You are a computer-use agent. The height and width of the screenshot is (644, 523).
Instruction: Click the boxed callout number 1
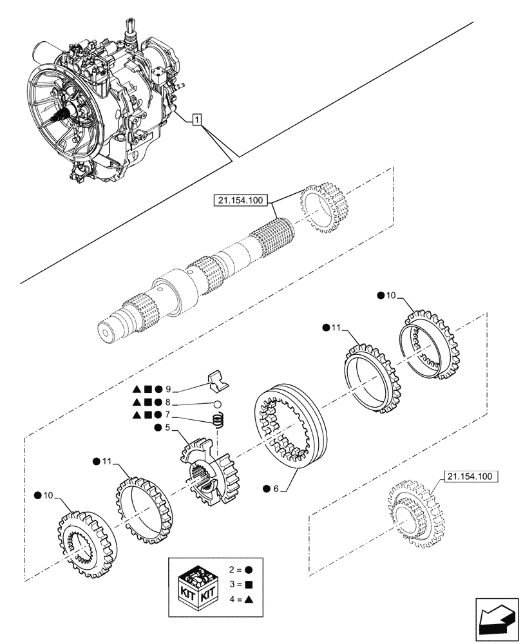pyautogui.click(x=198, y=119)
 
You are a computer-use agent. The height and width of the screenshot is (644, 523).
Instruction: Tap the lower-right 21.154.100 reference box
pyautogui.click(x=467, y=477)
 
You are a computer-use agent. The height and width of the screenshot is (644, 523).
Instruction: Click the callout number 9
pyautogui.click(x=168, y=389)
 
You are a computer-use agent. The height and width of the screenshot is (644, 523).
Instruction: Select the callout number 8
pyautogui.click(x=168, y=401)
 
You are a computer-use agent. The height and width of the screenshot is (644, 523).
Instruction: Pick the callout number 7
pyautogui.click(x=168, y=414)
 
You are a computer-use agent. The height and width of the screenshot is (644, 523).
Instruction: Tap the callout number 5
pyautogui.click(x=167, y=427)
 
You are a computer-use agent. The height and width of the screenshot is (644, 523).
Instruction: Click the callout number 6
pyautogui.click(x=276, y=489)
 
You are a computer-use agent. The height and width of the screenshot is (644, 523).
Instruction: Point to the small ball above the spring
pyautogui.click(x=218, y=404)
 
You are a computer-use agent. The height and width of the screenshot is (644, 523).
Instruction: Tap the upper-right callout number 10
pyautogui.click(x=392, y=296)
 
